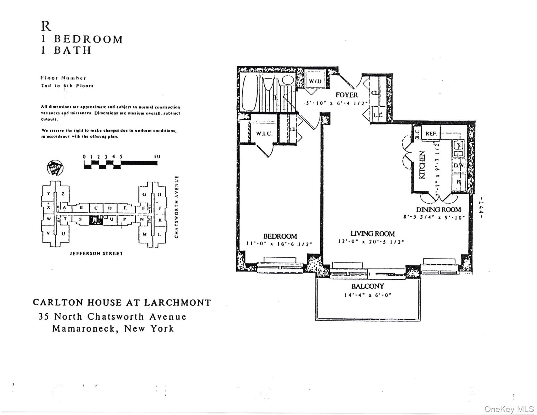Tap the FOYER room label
click(347, 95)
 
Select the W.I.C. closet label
click(264, 133)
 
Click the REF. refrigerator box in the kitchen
click(431, 133)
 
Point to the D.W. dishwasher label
click(459, 165)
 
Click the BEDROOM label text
click(280, 236)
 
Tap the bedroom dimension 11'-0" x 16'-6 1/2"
click(280, 244)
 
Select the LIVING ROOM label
click(372, 234)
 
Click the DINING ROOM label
click(438, 210)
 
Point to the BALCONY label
click(368, 286)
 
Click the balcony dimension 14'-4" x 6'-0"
click(368, 295)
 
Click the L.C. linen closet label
click(378, 115)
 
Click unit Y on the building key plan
click(49, 193)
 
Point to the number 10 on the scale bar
click(157, 156)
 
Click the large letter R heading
click(46, 26)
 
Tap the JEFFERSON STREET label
click(96, 253)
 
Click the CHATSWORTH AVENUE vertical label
click(177, 207)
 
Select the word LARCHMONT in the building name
click(177, 302)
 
